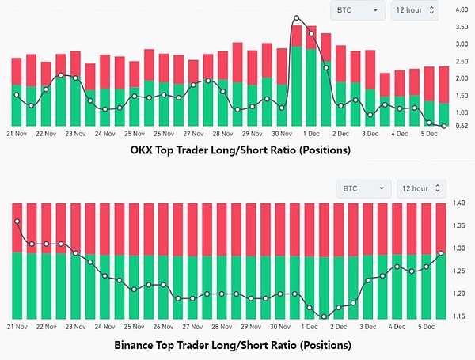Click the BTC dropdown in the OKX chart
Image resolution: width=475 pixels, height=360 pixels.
point(358,9)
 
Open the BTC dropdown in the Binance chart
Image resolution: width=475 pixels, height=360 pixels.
point(363,188)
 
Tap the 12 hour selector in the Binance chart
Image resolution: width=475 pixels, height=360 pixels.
point(422,188)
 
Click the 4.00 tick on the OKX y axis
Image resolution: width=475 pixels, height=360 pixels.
point(462,10)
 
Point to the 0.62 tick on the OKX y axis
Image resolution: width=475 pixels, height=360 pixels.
point(462,126)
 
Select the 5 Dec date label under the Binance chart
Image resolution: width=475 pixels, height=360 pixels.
point(427,325)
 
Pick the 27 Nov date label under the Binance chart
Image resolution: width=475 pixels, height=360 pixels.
point(194,325)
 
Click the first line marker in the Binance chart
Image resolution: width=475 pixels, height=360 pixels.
point(17,222)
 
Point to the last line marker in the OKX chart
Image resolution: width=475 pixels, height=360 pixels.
point(443,126)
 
